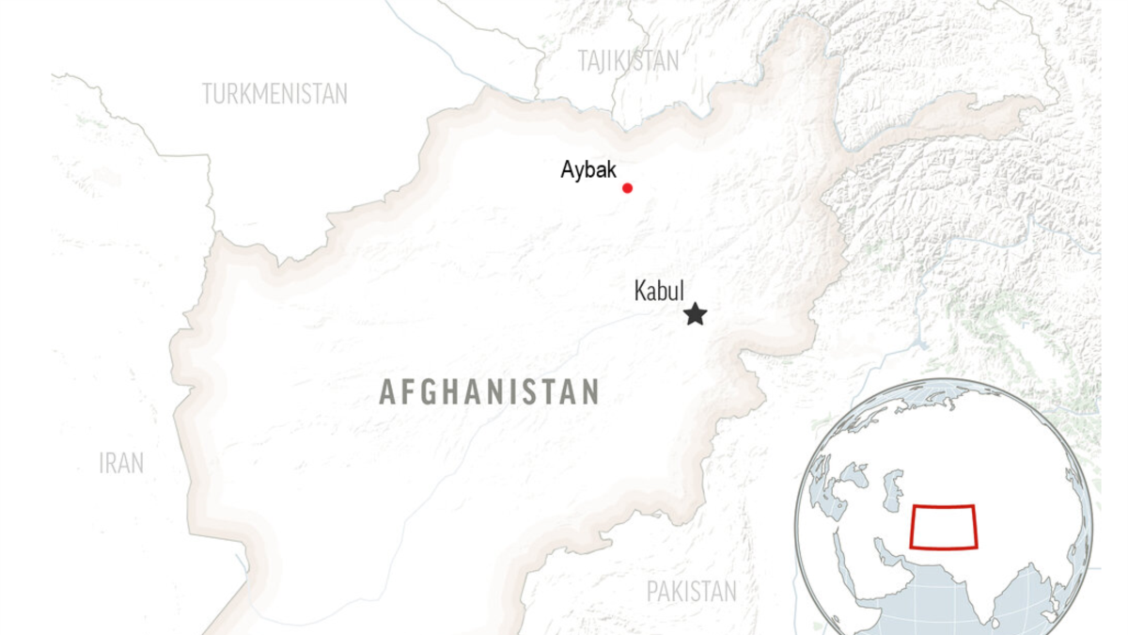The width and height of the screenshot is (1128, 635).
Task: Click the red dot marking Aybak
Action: (x=627, y=188)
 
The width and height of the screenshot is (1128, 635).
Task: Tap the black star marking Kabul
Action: (x=695, y=314)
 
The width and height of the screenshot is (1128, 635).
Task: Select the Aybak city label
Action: (x=588, y=170)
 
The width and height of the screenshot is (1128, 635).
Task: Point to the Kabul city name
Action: (x=659, y=292)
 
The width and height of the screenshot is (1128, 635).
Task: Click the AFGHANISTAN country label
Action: (x=489, y=392)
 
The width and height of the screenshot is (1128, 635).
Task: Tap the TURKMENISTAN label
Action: (x=274, y=94)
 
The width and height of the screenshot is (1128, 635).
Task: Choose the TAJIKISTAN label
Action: (x=628, y=61)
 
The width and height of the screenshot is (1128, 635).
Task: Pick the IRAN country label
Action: (x=121, y=463)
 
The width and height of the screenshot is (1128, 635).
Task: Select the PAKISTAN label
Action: (x=692, y=592)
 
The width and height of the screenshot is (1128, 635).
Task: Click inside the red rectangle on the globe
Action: (x=944, y=527)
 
